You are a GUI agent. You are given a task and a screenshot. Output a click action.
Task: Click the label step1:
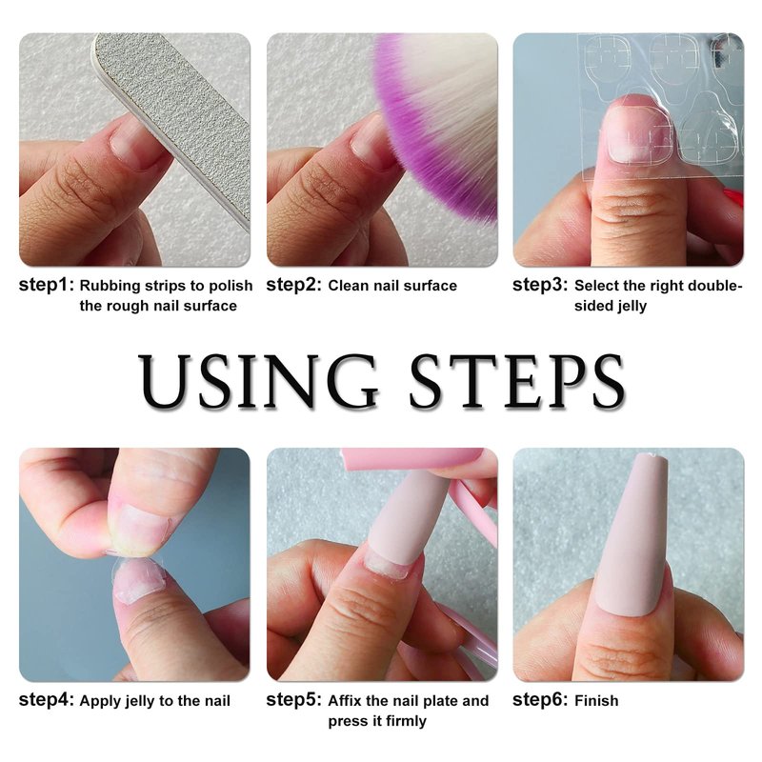47,285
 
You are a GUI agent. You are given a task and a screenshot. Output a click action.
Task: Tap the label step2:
294,285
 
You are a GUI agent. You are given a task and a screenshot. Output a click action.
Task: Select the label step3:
540,285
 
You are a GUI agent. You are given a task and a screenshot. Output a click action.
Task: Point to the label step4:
47,700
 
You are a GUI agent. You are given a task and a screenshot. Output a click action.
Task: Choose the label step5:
294,700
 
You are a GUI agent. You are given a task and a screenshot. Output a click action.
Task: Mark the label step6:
540,700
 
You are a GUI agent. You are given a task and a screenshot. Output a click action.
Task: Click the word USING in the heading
258,382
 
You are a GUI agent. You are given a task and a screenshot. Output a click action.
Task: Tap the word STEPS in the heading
517,382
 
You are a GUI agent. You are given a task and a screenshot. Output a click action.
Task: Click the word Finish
596,700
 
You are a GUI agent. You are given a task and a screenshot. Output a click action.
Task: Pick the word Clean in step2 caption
346,285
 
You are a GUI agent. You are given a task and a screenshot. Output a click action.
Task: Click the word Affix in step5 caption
345,700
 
